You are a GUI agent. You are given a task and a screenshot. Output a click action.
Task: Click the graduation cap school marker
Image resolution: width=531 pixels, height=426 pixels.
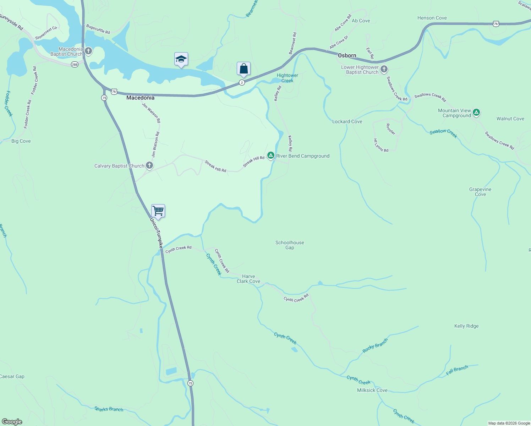[181, 59]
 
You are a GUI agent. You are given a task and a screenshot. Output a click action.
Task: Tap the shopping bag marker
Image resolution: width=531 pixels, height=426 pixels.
[243, 69]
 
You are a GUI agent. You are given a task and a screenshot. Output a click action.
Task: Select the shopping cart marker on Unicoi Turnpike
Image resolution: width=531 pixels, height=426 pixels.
[158, 211]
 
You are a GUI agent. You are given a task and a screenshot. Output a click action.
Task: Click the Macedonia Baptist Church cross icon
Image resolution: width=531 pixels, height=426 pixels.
[88, 51]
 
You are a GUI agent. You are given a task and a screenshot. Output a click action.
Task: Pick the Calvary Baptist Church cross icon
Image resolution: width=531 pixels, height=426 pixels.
[149, 165]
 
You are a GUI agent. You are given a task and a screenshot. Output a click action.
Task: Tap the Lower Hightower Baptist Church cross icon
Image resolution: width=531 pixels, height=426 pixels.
[384, 69]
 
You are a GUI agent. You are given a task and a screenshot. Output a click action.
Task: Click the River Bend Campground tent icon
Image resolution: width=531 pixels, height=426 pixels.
[270, 155]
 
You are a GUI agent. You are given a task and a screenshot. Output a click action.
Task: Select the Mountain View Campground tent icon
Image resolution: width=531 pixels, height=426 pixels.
[476, 113]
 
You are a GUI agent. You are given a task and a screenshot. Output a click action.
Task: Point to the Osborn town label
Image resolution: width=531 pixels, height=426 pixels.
[347, 55]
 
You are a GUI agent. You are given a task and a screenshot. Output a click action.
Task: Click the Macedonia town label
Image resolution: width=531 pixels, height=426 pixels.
[140, 98]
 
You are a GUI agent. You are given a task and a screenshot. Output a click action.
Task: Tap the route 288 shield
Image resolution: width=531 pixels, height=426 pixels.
[75, 65]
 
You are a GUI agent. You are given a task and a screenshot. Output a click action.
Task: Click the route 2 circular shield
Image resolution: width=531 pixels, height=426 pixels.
[242, 82]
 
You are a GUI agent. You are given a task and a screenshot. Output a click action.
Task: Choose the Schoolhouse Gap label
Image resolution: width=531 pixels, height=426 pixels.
[290, 245]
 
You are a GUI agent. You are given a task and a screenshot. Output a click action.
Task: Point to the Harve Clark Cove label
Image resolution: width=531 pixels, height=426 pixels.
[248, 279]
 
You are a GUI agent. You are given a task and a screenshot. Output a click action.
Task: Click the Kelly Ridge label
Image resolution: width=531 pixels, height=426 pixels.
[466, 326]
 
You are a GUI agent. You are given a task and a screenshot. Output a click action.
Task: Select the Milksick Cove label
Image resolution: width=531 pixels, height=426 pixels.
[372, 390]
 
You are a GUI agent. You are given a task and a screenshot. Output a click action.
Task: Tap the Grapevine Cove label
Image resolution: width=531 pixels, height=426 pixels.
[480, 192]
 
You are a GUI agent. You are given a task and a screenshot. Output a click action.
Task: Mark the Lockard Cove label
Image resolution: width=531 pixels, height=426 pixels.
[347, 121]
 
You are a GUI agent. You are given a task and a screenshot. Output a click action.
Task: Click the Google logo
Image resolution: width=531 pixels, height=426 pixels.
[12, 422]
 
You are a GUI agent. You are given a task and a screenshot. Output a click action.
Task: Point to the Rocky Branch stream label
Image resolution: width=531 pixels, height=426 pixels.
[375, 345]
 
